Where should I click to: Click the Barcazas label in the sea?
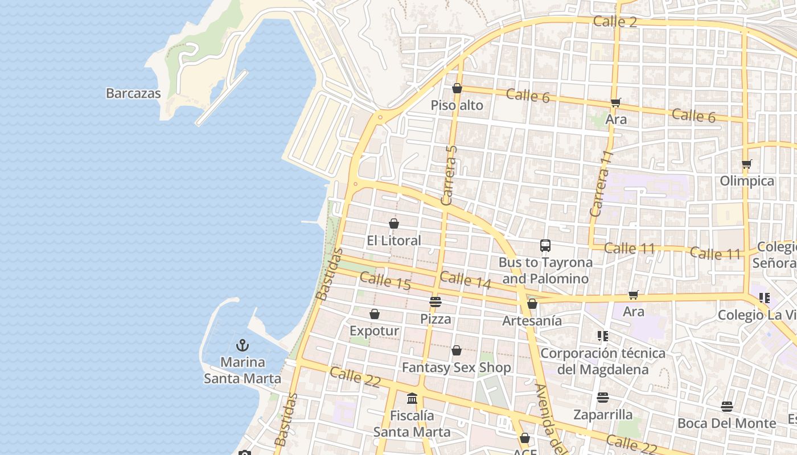(x=133, y=93)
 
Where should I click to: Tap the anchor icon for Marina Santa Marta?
(x=243, y=345)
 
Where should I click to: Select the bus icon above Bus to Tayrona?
(x=545, y=246)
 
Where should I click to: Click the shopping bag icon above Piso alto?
(x=457, y=88)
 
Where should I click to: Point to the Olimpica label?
(x=747, y=181)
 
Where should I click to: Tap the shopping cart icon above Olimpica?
(x=747, y=164)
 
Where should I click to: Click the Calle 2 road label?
(x=615, y=22)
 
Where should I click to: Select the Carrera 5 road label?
(x=449, y=175)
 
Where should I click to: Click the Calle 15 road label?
(x=385, y=281)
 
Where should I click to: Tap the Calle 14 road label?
(x=465, y=279)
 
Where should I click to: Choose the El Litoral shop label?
(x=394, y=241)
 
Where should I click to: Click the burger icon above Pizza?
(x=436, y=301)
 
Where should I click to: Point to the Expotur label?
(x=374, y=331)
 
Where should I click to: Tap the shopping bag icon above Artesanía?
(x=532, y=304)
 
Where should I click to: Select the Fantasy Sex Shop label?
(x=457, y=368)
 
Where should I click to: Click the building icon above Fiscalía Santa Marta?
(x=412, y=398)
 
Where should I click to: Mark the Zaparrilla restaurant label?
(x=603, y=415)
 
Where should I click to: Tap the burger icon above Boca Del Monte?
(x=727, y=406)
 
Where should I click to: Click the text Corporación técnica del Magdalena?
(x=602, y=361)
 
